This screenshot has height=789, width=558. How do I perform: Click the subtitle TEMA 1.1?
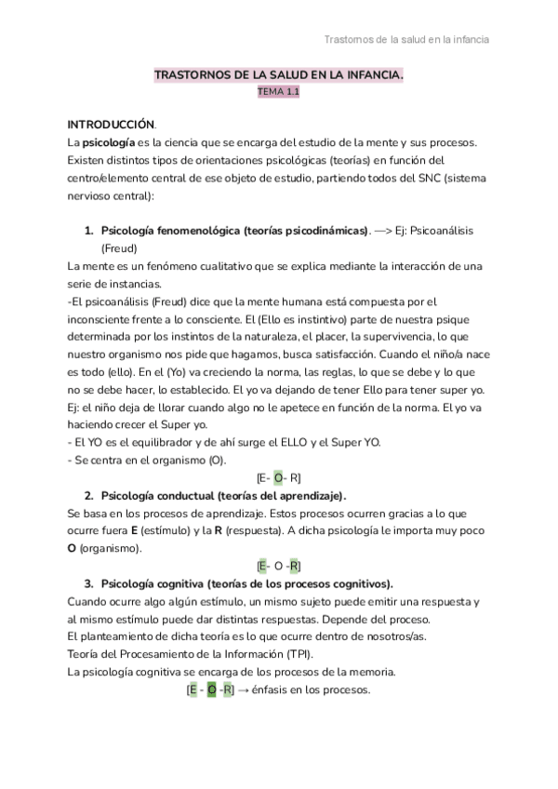(x=279, y=93)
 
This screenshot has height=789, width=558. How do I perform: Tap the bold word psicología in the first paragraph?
(x=111, y=142)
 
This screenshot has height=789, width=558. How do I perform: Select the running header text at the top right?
(x=406, y=39)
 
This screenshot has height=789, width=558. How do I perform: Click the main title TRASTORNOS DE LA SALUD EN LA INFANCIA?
(x=279, y=76)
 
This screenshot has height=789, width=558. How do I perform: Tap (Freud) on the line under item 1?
(x=119, y=248)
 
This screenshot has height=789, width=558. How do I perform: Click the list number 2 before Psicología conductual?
(x=88, y=495)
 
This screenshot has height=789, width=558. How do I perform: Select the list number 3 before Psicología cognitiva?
(x=88, y=583)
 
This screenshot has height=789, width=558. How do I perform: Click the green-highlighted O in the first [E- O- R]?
(x=278, y=477)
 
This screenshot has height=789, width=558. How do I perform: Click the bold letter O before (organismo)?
(x=72, y=548)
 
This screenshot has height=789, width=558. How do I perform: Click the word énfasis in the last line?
(x=274, y=690)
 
